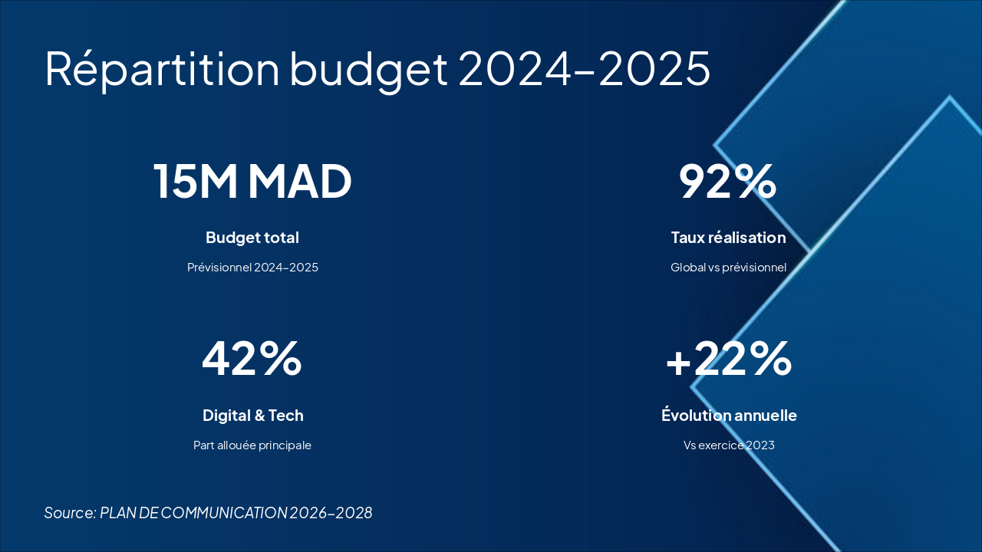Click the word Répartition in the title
tap(162, 69)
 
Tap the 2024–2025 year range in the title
tap(585, 69)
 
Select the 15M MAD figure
tap(252, 182)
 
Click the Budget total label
tap(252, 238)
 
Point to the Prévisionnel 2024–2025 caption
tap(252, 268)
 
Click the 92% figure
tap(728, 182)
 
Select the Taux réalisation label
tap(728, 238)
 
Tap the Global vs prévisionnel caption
tap(728, 268)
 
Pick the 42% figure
tap(252, 359)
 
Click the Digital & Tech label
tap(252, 416)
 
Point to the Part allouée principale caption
tap(252, 445)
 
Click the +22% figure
tap(729, 359)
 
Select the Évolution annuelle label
tap(729, 416)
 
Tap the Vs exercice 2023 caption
tap(729, 445)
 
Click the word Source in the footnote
tap(70, 513)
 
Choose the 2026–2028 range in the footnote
tap(331, 513)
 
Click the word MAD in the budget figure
tap(300, 182)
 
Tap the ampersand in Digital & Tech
tap(256, 416)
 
